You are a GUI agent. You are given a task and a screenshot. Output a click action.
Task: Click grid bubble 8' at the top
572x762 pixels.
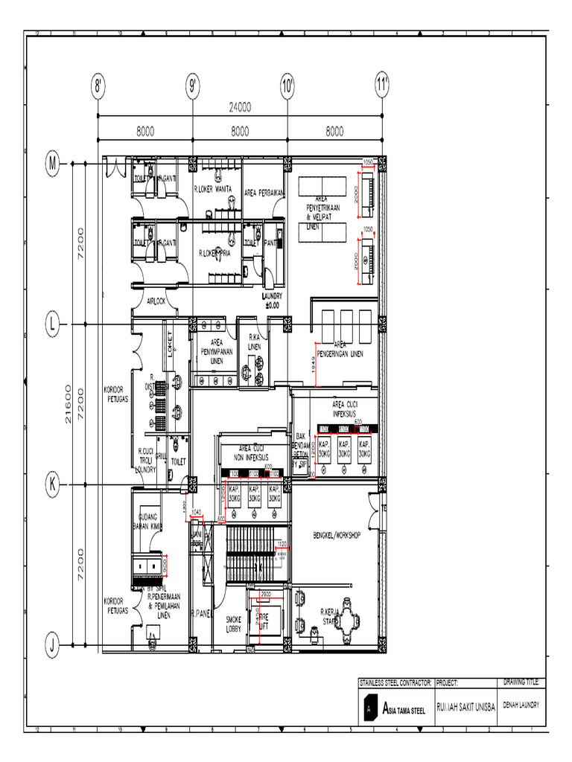tap(98, 86)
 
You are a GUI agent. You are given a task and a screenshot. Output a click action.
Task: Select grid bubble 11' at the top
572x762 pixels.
tap(383, 86)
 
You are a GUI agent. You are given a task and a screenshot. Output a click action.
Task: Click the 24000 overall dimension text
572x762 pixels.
tap(240, 106)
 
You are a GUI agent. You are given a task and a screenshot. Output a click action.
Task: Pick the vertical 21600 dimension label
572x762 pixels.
tap(69, 404)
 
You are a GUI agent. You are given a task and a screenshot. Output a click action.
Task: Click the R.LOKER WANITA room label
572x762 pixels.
tap(217, 190)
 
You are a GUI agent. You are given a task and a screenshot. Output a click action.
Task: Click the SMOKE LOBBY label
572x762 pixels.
tap(234, 624)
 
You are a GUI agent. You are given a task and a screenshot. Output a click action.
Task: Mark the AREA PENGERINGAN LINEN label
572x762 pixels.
tap(340, 350)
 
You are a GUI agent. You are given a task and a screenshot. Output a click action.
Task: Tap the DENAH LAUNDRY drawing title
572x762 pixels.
tap(522, 703)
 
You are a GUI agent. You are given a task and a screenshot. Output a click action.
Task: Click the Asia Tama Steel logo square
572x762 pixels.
tap(368, 710)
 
